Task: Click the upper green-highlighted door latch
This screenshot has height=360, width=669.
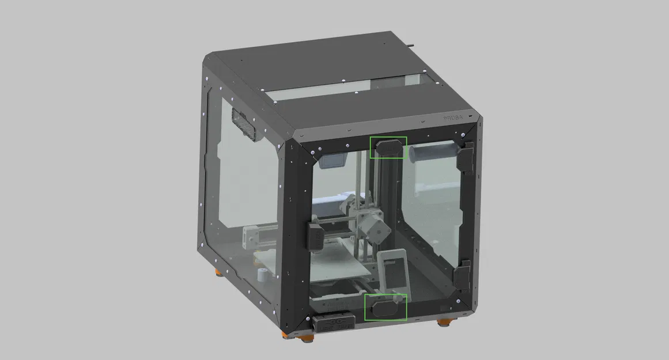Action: pyautogui.click(x=388, y=149)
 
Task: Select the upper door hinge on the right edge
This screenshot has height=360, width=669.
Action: pyautogui.click(x=466, y=156)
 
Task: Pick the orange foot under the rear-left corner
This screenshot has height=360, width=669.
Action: pyautogui.click(x=218, y=272)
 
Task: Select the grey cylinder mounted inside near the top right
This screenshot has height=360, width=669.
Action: pyautogui.click(x=432, y=153)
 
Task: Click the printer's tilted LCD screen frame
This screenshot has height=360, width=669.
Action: pyautogui.click(x=394, y=270)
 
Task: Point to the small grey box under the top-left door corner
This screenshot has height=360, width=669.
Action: pyautogui.click(x=333, y=160)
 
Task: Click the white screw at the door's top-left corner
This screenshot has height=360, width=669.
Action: pyautogui.click(x=312, y=152)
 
